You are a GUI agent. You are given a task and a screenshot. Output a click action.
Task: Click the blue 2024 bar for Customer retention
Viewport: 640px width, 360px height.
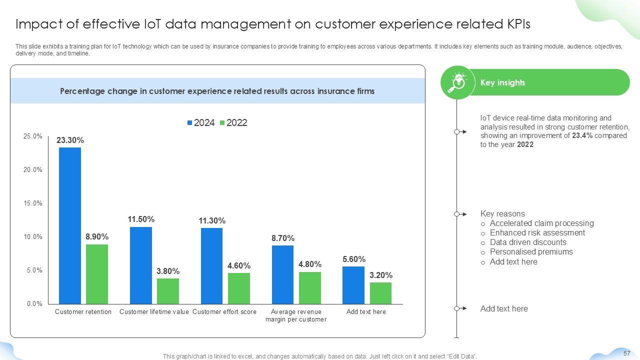pos(69,225)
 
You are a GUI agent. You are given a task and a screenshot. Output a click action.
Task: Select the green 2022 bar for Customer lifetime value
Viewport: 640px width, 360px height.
pos(167,291)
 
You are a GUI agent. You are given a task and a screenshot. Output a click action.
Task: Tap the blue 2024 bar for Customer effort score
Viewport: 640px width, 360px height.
pos(211,265)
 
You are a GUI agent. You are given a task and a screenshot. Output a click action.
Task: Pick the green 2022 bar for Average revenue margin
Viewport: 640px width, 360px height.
pos(309,287)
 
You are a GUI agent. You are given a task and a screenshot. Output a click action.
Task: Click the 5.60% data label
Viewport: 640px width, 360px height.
pos(354,259)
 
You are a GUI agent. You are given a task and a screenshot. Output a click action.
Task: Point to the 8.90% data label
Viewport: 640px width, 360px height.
pos(97,236)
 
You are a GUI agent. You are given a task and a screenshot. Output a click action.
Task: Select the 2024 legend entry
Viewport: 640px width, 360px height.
pos(201,123)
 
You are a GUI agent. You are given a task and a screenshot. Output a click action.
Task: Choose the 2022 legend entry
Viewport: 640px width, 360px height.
pos(233,123)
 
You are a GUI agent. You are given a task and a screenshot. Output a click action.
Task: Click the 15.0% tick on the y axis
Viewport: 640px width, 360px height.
pos(33,203)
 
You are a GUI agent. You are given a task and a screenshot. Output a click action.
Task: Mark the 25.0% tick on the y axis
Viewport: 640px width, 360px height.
pos(33,136)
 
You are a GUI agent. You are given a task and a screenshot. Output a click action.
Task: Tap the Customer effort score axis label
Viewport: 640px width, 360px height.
pos(224,312)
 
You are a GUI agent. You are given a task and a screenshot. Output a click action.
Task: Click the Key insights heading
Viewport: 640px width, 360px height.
pos(502,82)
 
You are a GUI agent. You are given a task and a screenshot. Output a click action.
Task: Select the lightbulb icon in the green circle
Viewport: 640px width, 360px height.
pos(457,82)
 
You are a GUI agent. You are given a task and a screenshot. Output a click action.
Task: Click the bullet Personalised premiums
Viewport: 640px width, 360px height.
pos(531,252)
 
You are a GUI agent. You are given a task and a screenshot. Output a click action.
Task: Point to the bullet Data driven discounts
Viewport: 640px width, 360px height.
pos(528,242)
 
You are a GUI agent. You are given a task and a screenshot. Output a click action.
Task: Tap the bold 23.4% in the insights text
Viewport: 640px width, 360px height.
pos(582,135)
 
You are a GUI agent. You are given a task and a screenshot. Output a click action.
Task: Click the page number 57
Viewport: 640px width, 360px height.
pos(627,353)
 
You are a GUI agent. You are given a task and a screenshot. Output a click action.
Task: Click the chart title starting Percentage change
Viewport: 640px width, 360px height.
pos(217,91)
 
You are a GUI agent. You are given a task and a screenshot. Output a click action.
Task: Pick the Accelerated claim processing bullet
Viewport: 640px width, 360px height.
pos(541,223)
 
